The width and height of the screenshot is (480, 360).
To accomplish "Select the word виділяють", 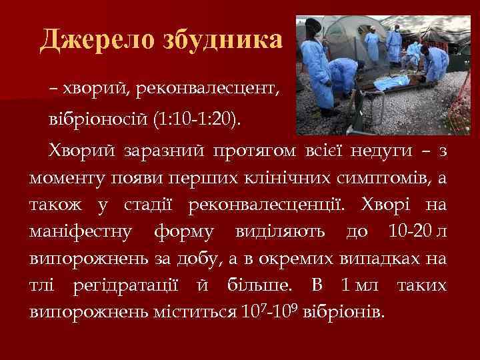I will coord(280,232).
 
